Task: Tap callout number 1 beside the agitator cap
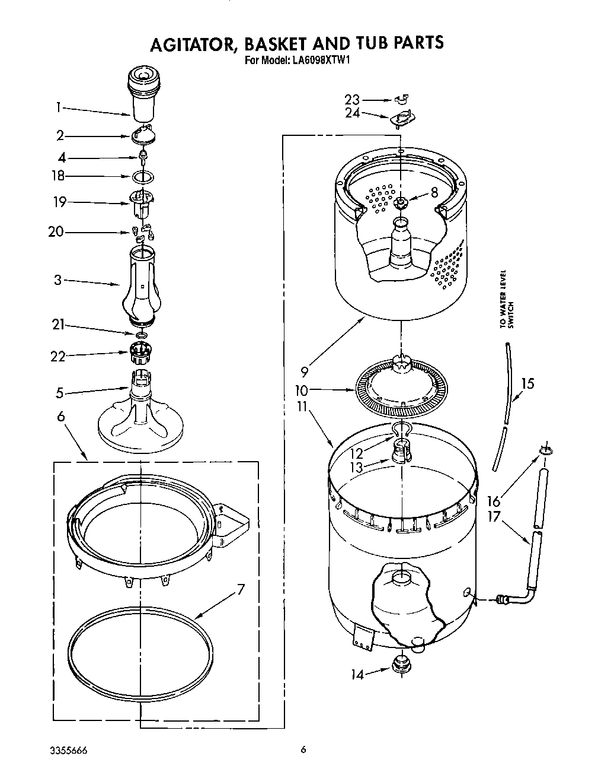click(59, 107)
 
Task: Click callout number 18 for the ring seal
click(57, 176)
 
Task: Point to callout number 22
click(57, 356)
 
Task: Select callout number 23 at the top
click(353, 100)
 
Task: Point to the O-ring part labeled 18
click(142, 176)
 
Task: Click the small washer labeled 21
click(141, 336)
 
